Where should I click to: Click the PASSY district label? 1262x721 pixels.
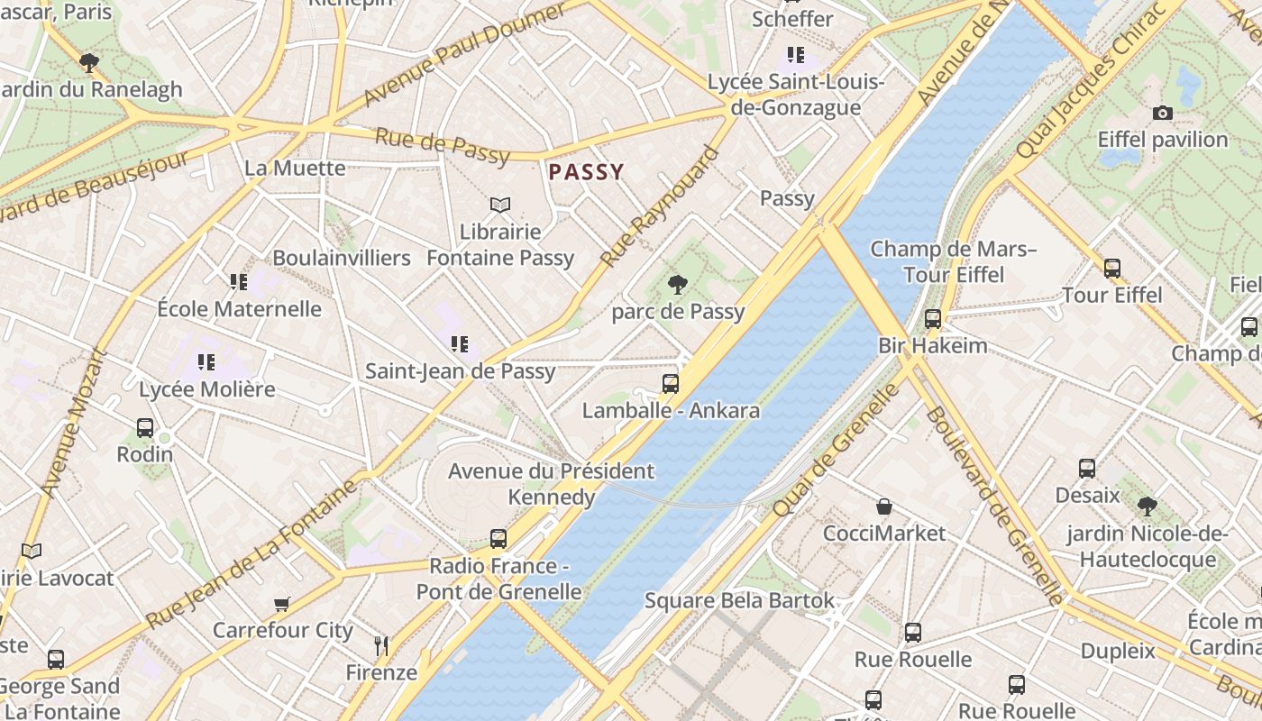[586, 172]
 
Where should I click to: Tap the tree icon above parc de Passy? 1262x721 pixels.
[677, 286]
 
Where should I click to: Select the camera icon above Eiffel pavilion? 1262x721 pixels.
[1163, 114]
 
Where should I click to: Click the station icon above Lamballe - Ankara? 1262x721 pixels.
[670, 384]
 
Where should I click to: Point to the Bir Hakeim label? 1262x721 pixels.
[932, 345]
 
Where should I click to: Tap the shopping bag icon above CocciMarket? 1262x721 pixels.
[884, 507]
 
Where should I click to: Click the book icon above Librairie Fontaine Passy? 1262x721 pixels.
[499, 205]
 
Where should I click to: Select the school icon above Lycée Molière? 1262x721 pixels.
[206, 362]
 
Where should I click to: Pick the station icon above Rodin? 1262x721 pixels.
[144, 428]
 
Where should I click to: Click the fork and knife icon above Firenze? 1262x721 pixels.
[381, 645]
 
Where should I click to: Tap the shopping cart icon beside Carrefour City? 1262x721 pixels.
[282, 604]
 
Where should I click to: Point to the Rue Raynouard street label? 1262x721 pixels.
[660, 206]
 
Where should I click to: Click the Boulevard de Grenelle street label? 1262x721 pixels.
[994, 505]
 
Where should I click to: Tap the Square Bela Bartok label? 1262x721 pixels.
[739, 600]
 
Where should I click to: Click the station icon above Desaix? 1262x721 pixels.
[1087, 469]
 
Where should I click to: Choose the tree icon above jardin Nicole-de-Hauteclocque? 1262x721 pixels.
[1147, 506]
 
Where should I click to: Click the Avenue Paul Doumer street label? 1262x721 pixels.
[465, 53]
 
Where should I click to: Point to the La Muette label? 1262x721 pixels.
[295, 168]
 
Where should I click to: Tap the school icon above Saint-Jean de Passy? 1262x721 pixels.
[460, 343]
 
